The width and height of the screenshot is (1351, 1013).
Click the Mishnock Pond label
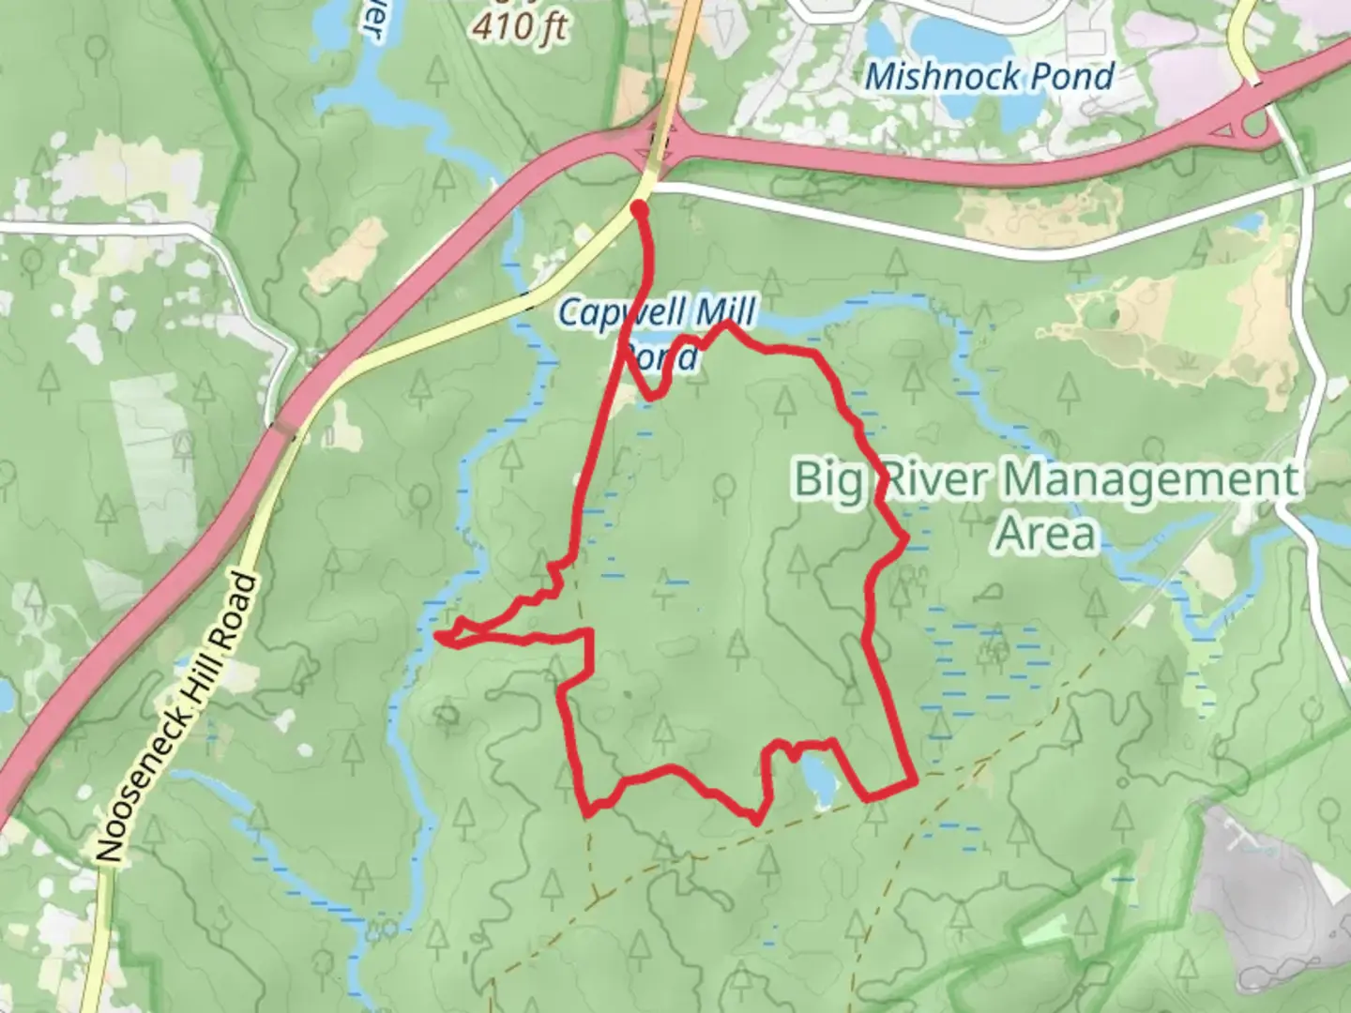click(x=990, y=76)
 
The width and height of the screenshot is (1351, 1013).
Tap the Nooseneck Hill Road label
click(x=177, y=717)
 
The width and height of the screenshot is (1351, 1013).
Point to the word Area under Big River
click(x=1045, y=533)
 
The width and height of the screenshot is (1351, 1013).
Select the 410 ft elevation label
click(x=520, y=26)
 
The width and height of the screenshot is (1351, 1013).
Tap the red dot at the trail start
click(x=639, y=207)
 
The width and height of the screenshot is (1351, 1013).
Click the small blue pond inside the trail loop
click(x=814, y=778)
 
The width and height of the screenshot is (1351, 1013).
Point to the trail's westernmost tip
click(x=438, y=636)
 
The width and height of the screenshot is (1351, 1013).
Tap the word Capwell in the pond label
click(x=617, y=312)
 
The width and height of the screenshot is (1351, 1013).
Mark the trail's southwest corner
click(x=588, y=809)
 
